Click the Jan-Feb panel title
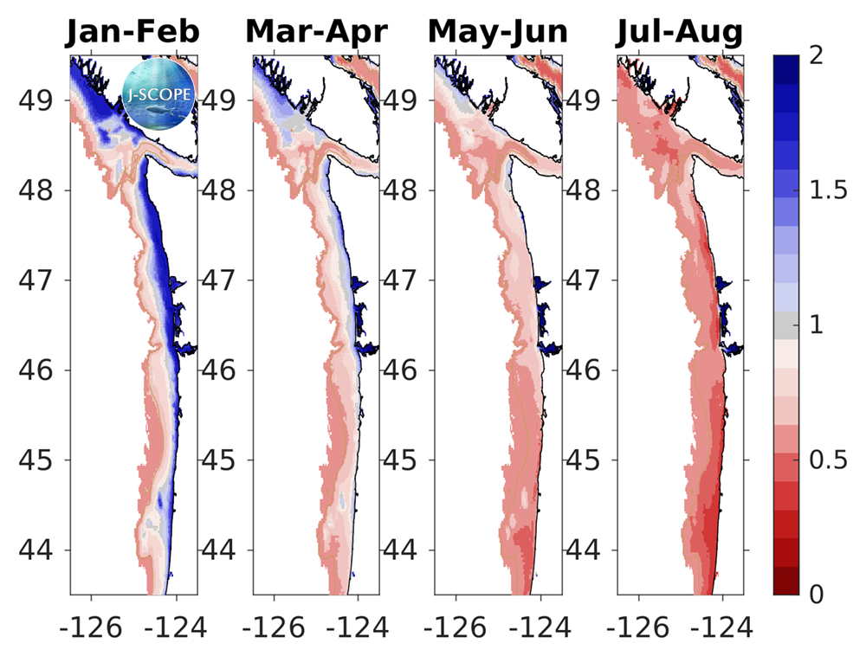pyautogui.click(x=133, y=32)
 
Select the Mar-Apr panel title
pyautogui.click(x=316, y=32)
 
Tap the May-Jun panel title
pyautogui.click(x=498, y=32)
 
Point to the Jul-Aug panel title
pyautogui.click(x=680, y=32)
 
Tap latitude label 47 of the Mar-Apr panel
pyautogui.click(x=220, y=280)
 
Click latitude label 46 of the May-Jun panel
pyautogui.click(x=403, y=370)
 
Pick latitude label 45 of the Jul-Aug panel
pyautogui.click(x=585, y=460)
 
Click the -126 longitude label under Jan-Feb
pyautogui.click(x=90, y=626)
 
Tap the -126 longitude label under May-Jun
pyautogui.click(x=456, y=626)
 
